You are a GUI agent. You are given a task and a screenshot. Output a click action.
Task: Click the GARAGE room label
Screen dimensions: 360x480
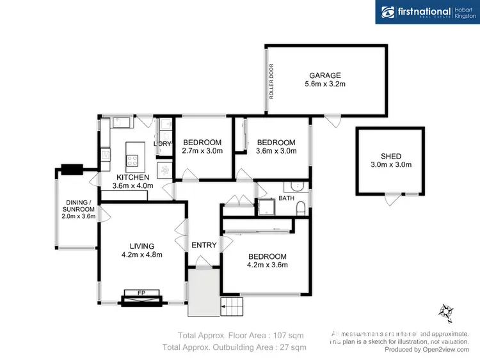point(324,75)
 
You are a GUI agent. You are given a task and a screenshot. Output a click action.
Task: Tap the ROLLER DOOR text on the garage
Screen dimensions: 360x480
point(271,81)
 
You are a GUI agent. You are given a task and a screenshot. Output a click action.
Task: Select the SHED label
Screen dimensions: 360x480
point(390,156)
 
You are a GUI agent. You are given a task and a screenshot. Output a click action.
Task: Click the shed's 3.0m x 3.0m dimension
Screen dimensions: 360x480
point(390,165)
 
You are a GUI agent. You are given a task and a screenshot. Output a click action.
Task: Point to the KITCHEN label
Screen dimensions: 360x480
point(132,177)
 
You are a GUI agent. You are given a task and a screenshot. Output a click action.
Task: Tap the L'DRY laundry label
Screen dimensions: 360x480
point(163,144)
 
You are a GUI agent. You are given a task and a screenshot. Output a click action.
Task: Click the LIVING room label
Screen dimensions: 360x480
point(143,246)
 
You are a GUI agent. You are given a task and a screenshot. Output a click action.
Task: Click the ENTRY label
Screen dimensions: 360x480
point(204,245)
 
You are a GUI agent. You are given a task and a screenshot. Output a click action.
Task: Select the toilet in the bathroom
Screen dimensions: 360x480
point(301,207)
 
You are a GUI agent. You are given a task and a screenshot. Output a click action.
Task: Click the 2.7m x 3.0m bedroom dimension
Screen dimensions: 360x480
point(202,151)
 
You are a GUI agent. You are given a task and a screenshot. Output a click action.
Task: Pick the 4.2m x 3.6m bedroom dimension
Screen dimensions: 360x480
point(268,265)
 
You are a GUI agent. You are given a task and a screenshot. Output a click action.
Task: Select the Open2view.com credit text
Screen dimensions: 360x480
point(428,350)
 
